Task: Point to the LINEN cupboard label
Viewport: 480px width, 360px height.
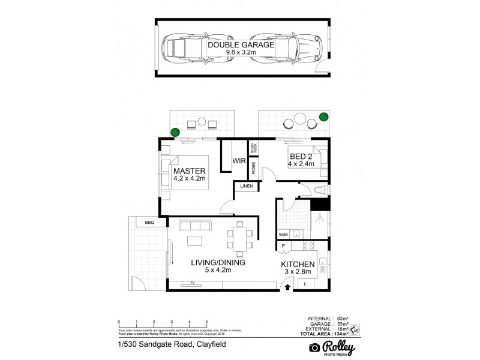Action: pyautogui.click(x=247, y=187)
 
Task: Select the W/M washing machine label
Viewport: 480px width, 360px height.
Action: pyautogui.click(x=283, y=235)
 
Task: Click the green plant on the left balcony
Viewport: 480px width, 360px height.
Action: pyautogui.click(x=175, y=132)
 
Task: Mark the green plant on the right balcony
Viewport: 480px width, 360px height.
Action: pyautogui.click(x=324, y=116)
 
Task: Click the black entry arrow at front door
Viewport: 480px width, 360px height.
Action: pyautogui.click(x=287, y=287)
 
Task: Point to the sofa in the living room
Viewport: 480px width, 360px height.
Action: pyautogui.click(x=196, y=226)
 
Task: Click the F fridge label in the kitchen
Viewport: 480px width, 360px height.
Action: pyautogui.click(x=304, y=283)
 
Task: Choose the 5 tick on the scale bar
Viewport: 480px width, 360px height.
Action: pyautogui.click(x=207, y=323)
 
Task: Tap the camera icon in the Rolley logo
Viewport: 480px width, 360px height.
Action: pyautogui.click(x=313, y=347)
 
